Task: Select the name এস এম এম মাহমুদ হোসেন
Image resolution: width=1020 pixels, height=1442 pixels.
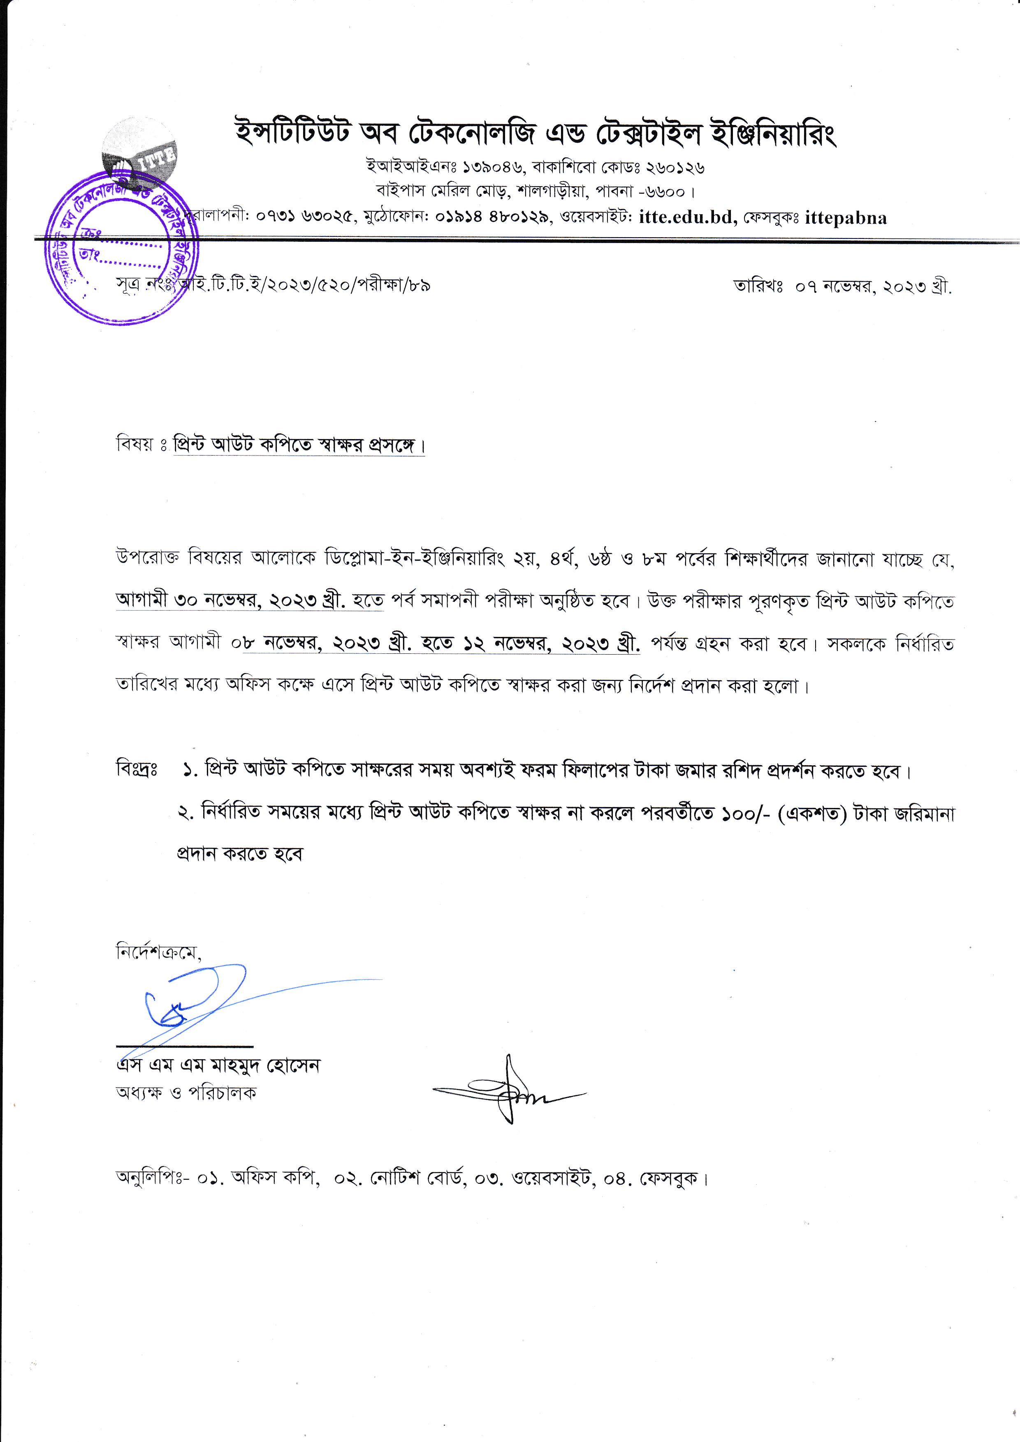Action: coord(218,1066)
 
